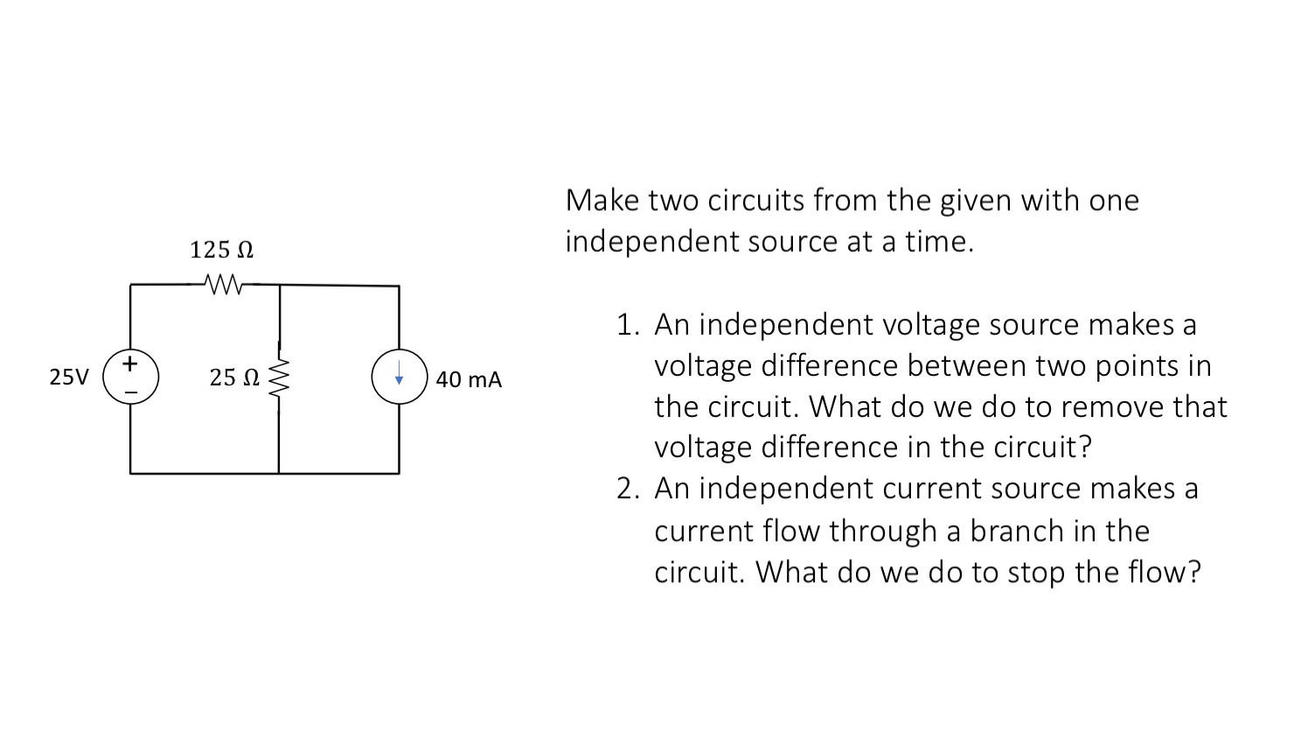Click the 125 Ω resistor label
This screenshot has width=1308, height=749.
(x=222, y=250)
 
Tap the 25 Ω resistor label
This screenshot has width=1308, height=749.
(x=234, y=378)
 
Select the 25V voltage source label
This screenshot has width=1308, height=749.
(x=69, y=378)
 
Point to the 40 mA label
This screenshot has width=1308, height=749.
(x=469, y=379)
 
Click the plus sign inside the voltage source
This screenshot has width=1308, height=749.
(x=130, y=361)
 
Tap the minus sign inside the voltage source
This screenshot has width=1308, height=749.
(x=130, y=392)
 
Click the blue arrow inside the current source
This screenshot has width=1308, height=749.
(x=399, y=378)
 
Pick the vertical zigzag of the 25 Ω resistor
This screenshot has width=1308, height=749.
(x=280, y=381)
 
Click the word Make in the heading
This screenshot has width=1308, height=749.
(x=603, y=200)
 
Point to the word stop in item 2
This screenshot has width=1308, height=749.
(x=1037, y=572)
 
